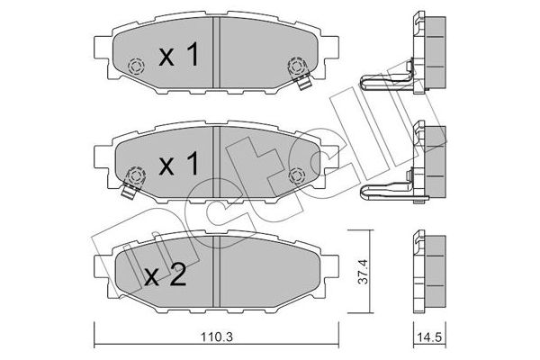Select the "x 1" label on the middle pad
[177, 165]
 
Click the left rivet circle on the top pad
[137, 67]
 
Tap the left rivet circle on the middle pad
[137, 175]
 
